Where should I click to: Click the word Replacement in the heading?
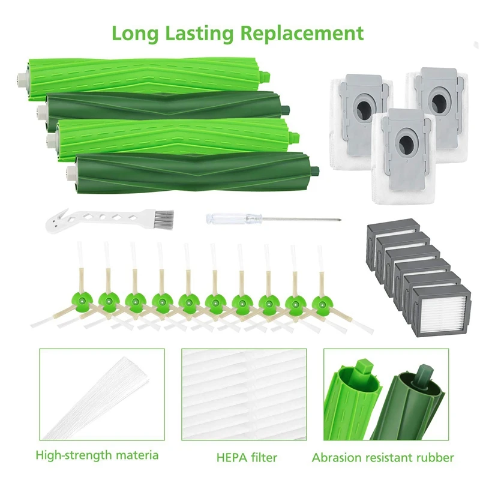302,34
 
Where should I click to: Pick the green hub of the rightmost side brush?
322,304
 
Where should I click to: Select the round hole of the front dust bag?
406,143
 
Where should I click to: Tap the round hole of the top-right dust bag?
439,101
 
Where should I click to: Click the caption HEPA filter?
247,458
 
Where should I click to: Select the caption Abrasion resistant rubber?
383,458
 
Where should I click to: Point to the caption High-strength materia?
97,455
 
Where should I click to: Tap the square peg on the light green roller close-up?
363,367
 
